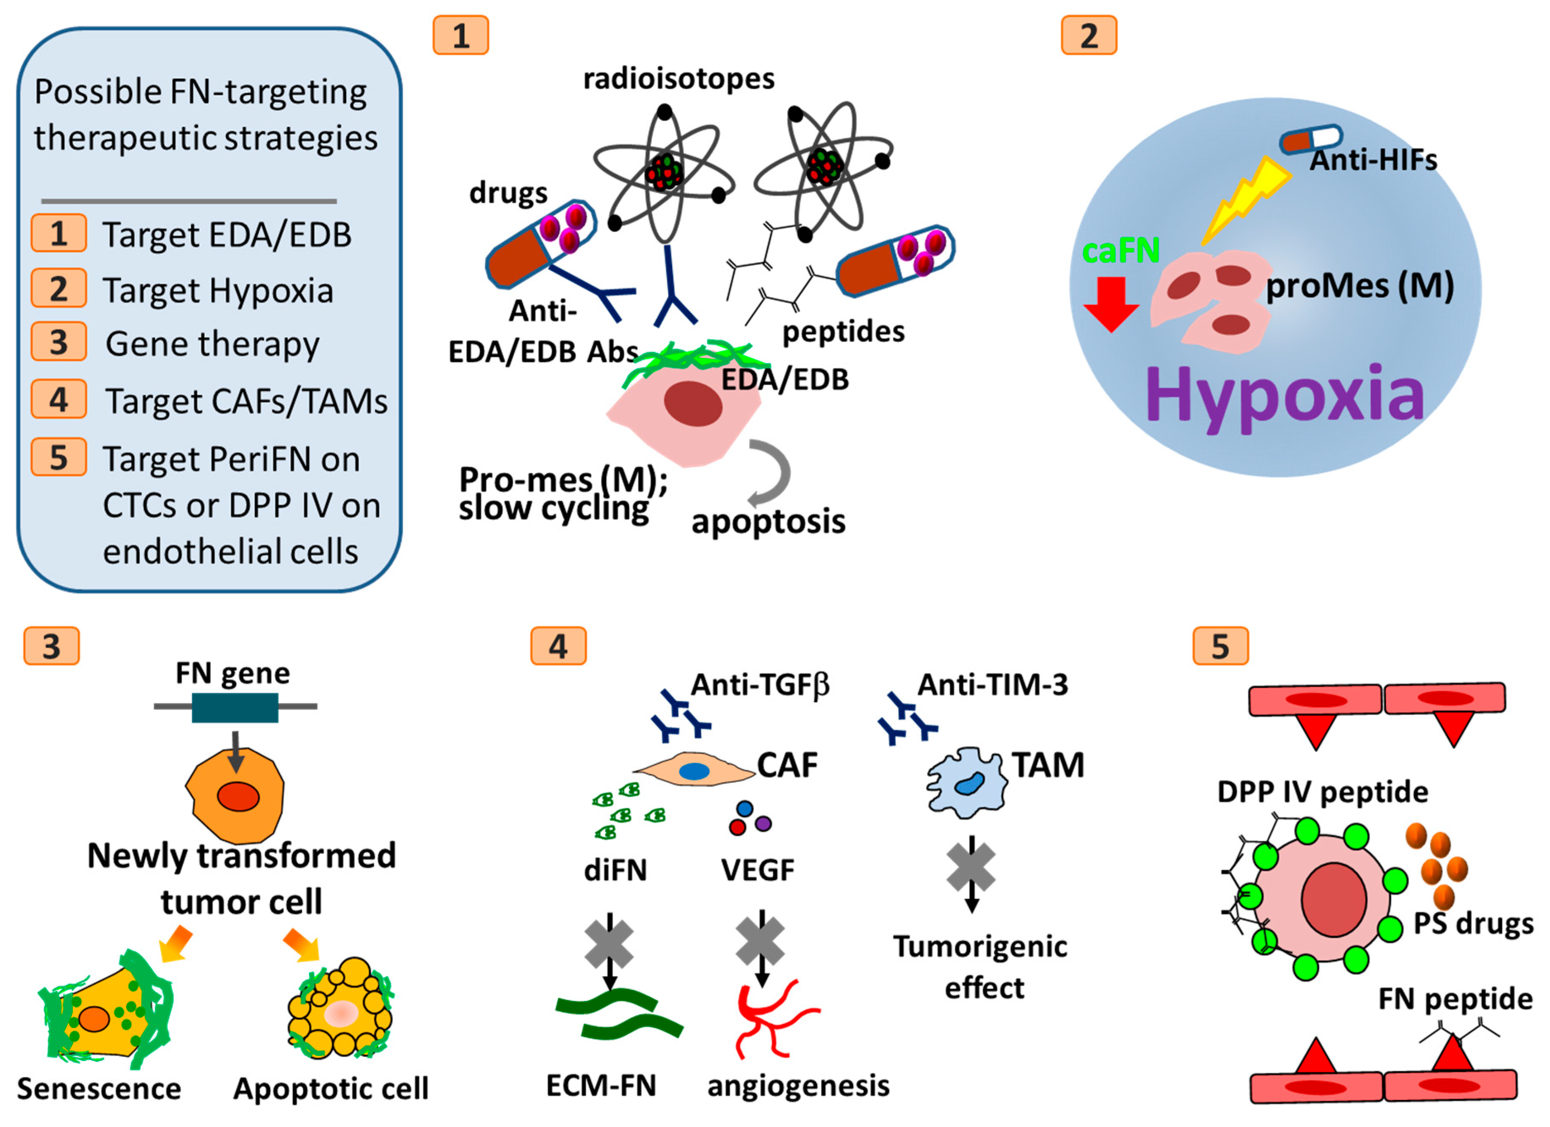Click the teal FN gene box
click(x=234, y=707)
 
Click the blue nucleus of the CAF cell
click(x=694, y=772)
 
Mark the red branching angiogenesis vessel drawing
click(x=772, y=1018)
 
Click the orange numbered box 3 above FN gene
click(x=52, y=646)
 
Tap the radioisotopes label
click(x=678, y=79)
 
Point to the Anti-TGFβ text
click(x=760, y=684)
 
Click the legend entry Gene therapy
click(x=212, y=343)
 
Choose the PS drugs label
click(x=1473, y=923)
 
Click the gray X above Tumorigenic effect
click(x=971, y=867)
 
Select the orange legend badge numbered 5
click(x=59, y=457)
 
